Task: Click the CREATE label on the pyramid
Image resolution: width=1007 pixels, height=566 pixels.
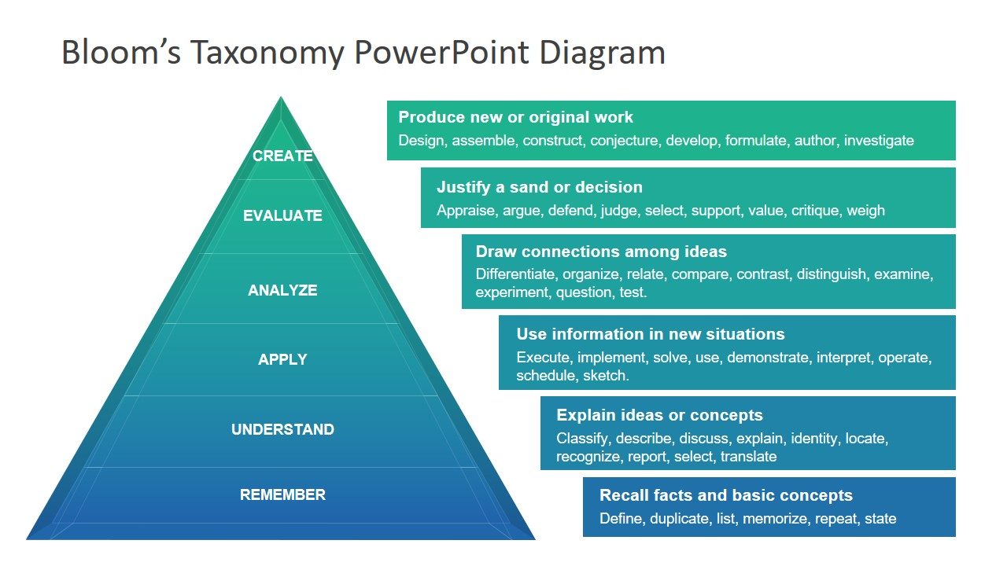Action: [x=282, y=156]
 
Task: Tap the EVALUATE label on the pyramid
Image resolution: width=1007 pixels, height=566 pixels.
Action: [x=282, y=216]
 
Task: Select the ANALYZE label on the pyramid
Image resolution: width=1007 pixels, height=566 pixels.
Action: [x=282, y=291]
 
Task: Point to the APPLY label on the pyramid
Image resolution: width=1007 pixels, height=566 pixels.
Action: [x=282, y=360]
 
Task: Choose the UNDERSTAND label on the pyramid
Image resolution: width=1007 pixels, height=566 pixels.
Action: [x=282, y=430]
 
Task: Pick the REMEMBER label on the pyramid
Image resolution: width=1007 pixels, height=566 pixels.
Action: [x=282, y=495]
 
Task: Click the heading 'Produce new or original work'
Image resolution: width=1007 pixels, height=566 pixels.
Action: [x=515, y=117]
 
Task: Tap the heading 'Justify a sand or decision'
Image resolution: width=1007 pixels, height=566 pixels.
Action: [x=539, y=187]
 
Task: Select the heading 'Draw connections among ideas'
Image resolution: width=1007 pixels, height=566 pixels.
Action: [x=601, y=252]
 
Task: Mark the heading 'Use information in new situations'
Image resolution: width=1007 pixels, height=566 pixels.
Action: [x=650, y=334]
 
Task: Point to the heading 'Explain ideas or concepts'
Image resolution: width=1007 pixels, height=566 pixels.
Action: [x=659, y=415]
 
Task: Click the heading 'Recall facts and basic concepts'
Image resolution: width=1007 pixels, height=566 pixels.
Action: [x=725, y=495]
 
